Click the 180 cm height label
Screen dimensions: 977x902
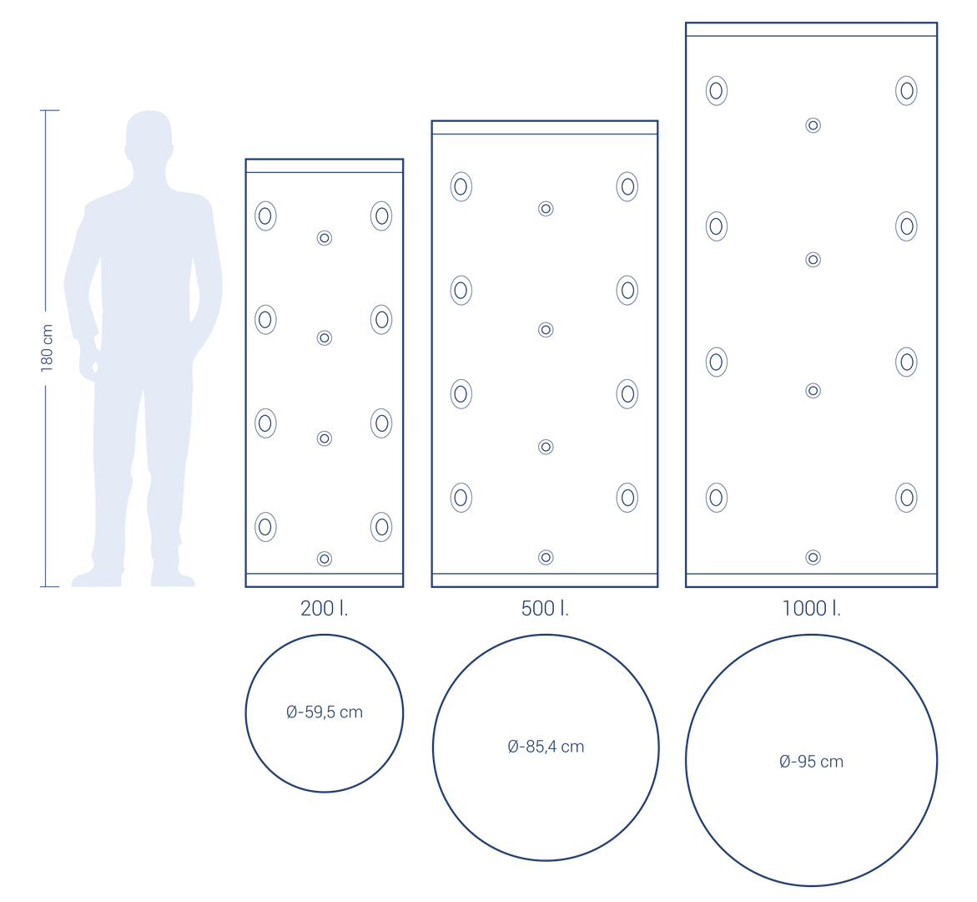click(x=47, y=348)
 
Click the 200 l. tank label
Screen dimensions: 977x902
click(x=324, y=608)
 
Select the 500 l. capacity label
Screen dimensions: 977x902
click(x=545, y=608)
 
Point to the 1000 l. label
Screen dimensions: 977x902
click(x=811, y=608)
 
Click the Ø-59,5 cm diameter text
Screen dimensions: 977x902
click(x=325, y=712)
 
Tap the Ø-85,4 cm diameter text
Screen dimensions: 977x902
click(x=546, y=747)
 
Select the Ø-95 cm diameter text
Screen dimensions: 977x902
click(x=811, y=762)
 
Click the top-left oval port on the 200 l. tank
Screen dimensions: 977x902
click(x=265, y=215)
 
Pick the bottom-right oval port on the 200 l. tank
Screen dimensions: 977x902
click(x=381, y=527)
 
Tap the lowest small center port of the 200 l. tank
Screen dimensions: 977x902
click(x=324, y=559)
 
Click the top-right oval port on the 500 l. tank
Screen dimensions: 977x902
click(x=627, y=186)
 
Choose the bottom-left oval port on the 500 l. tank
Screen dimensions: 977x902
click(x=461, y=498)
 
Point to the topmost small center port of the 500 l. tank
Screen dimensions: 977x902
click(x=546, y=208)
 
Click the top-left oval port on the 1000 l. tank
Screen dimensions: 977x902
click(x=717, y=90)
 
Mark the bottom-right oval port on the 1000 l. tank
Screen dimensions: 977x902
click(x=907, y=498)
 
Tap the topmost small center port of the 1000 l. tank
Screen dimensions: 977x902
click(x=813, y=125)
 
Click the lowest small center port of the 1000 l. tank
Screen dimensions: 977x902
click(x=813, y=557)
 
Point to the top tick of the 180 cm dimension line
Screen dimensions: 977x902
click(x=49, y=110)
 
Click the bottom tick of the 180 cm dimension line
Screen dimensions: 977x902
click(x=49, y=586)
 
